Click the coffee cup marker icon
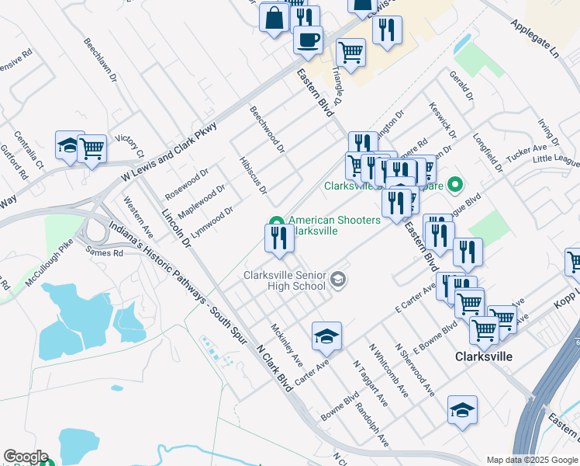308,39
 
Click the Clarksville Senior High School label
284,280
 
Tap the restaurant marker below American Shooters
279,238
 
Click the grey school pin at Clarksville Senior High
338,279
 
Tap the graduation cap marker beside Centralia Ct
69,145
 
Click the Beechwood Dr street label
267,129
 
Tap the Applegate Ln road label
534,38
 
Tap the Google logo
26,457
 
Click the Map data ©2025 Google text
531,460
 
